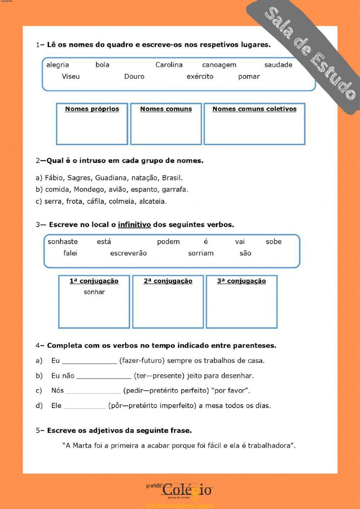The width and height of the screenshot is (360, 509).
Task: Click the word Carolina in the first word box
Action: pos(169,65)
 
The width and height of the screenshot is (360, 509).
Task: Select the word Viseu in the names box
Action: pos(71,76)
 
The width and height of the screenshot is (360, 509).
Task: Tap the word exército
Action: pos(200,76)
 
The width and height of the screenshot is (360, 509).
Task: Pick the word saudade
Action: pos(278,65)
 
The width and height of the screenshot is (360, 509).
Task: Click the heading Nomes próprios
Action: pos(92,109)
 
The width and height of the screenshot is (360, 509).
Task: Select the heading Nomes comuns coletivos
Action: pos(254,109)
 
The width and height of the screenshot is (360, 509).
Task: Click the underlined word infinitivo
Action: pos(134,225)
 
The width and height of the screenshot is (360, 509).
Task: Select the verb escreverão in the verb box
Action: pos(128,253)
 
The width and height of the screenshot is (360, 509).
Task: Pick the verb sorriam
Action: pos(201,253)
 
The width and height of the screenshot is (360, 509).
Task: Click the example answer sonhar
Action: pos(94,292)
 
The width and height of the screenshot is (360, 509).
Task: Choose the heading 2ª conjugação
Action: pos(168,281)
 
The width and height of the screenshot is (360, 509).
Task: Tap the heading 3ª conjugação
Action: pos(241,281)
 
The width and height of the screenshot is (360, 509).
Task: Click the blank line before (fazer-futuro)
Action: pos(89,361)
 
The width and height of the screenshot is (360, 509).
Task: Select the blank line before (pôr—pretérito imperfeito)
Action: pos(85,406)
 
